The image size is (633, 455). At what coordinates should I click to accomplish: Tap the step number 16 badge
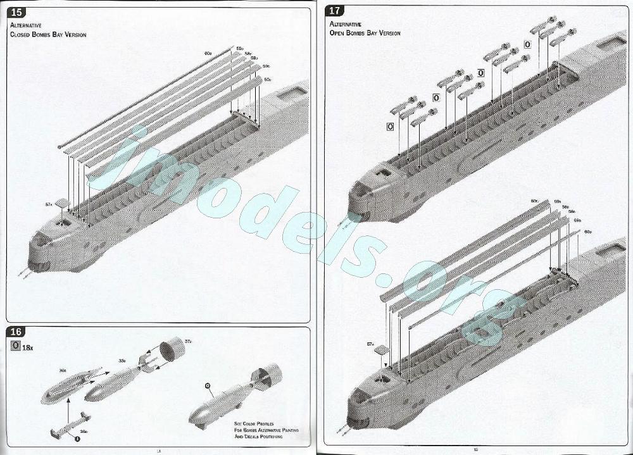pos(18,333)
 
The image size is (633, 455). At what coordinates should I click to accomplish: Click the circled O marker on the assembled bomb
pos(207,385)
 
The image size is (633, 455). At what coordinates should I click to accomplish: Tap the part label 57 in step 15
pos(48,204)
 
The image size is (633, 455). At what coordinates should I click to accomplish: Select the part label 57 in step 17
pos(371,344)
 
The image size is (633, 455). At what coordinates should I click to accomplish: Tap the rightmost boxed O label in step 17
pos(527,44)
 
